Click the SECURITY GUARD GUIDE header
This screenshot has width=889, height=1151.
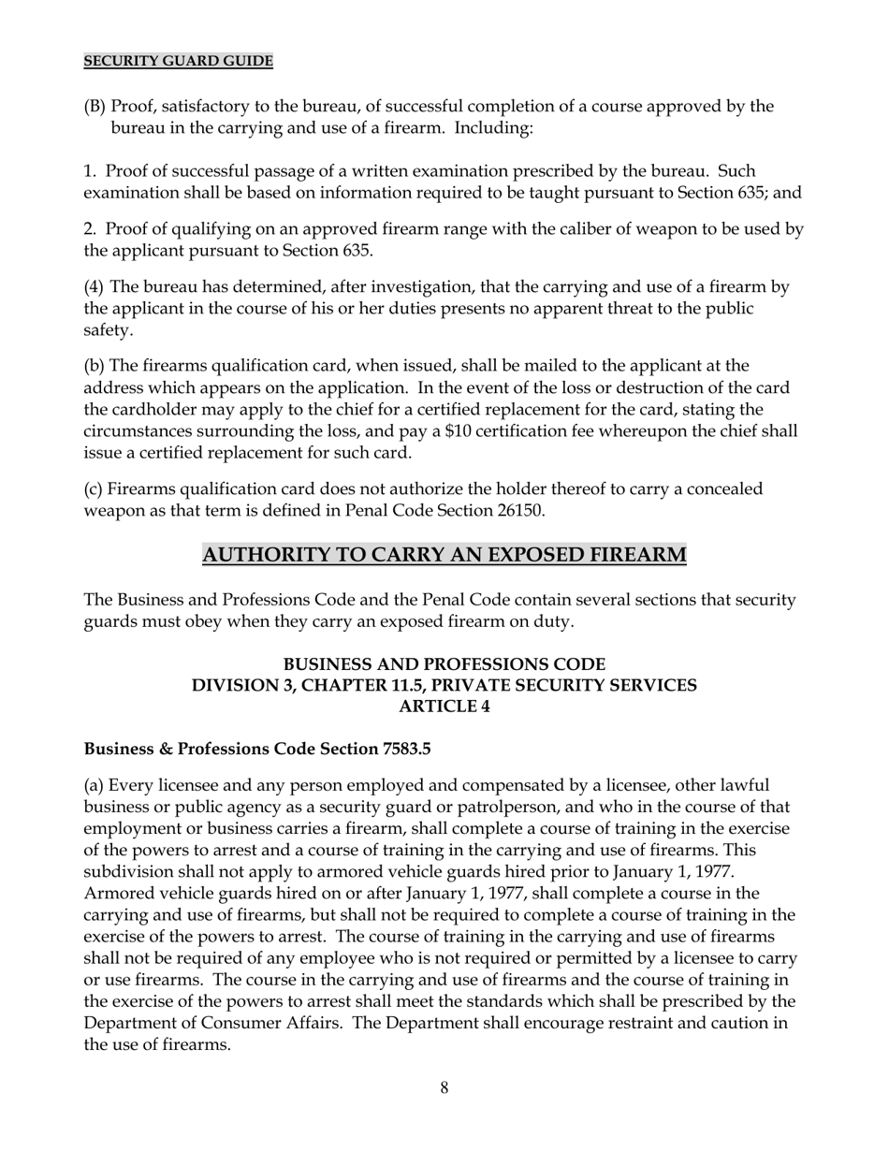point(179,62)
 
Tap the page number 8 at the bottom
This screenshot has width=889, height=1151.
point(444,1087)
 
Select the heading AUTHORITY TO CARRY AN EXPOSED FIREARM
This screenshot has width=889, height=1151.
point(444,555)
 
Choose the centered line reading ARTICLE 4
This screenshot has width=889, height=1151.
point(444,707)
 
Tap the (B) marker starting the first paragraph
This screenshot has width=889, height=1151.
point(95,106)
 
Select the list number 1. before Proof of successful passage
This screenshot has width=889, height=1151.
point(91,171)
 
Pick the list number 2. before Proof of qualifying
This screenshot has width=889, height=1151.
point(91,229)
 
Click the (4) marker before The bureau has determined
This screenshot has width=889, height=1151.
point(95,287)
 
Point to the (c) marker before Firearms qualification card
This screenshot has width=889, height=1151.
point(95,489)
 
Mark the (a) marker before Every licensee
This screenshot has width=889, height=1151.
point(95,785)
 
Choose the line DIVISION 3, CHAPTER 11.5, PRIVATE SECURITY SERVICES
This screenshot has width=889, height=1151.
point(444,686)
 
